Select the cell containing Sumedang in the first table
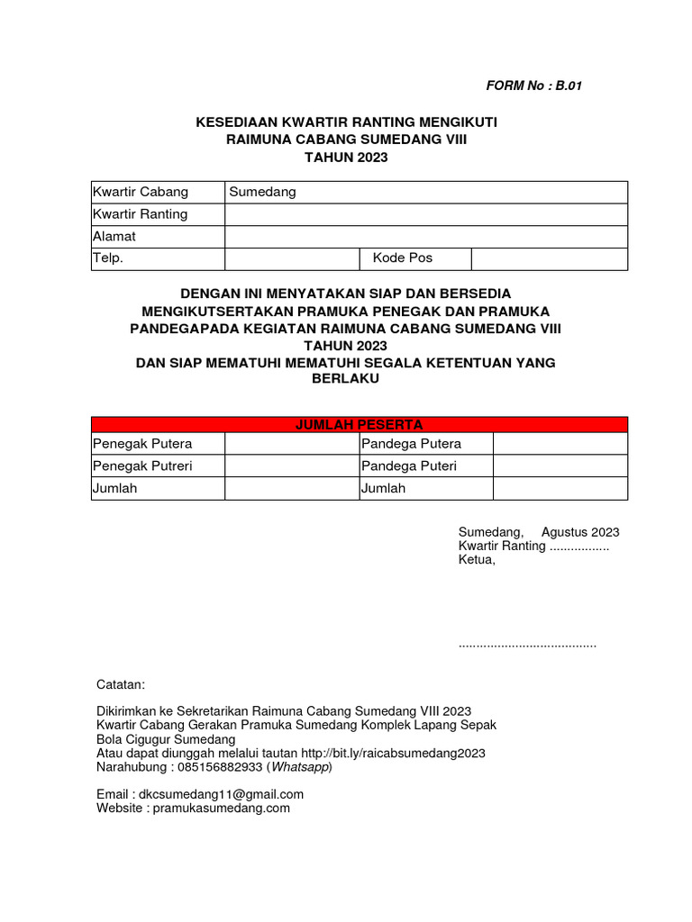pos(425,192)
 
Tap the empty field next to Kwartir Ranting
pos(425,214)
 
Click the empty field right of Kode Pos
pos(549,258)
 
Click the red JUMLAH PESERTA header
pos(360,424)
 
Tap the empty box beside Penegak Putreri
pos(291,466)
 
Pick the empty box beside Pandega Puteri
pos(560,466)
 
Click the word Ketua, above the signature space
pos(477,560)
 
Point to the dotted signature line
pos(527,645)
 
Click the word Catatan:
pos(120,685)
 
